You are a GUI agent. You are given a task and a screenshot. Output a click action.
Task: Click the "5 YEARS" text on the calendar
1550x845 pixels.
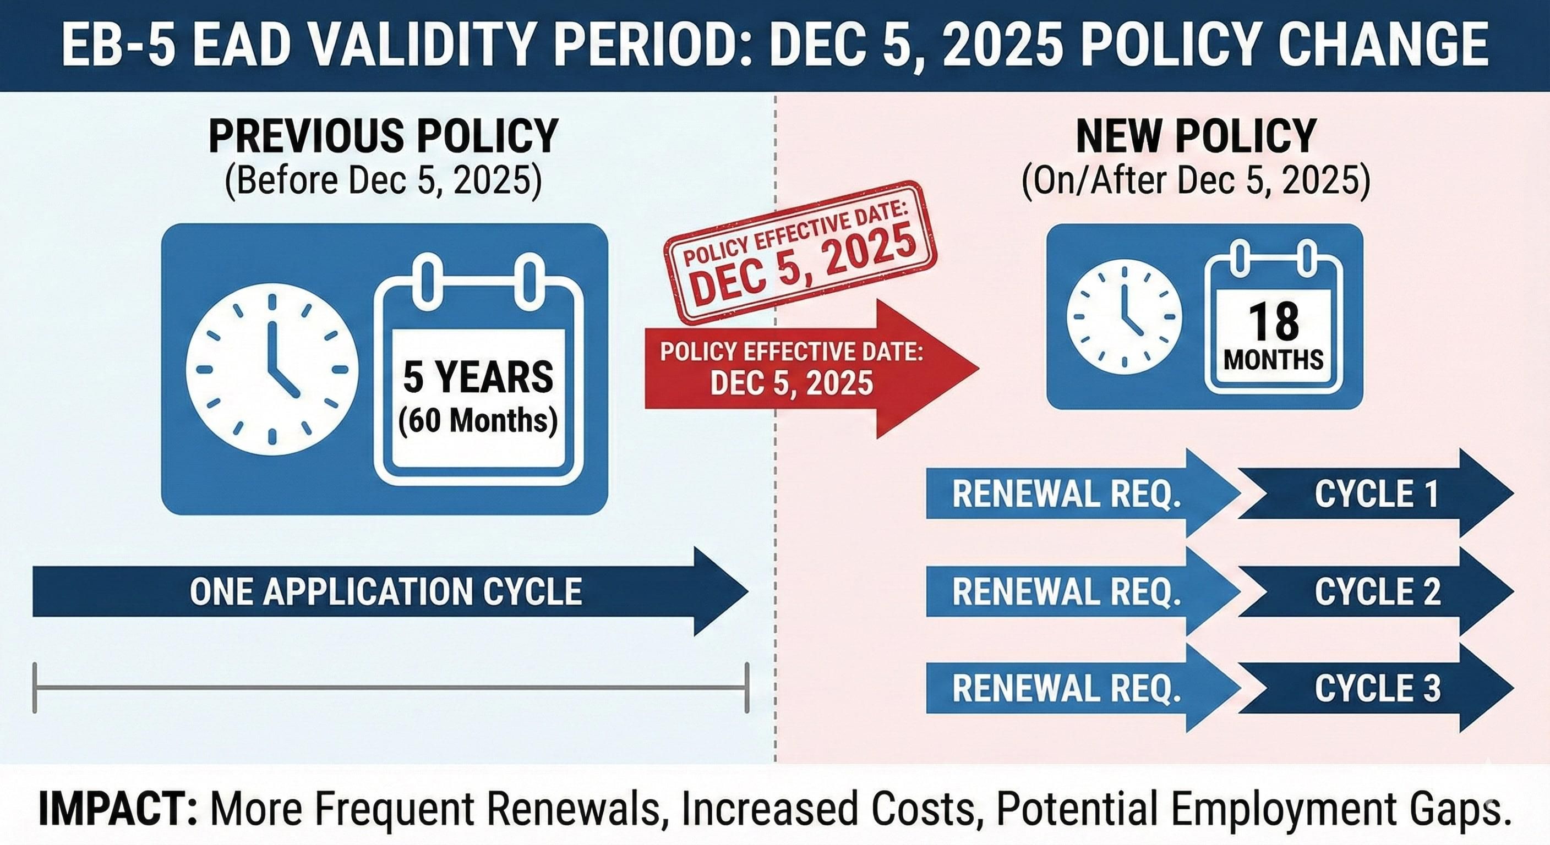(x=478, y=377)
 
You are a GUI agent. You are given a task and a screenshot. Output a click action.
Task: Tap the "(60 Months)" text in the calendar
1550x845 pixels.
(x=478, y=420)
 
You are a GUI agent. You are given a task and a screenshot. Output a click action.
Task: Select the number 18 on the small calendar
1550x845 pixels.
(x=1274, y=322)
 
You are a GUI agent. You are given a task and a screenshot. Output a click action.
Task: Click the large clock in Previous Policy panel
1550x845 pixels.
(x=272, y=369)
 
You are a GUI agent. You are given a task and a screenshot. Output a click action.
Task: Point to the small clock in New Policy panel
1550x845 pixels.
(x=1124, y=316)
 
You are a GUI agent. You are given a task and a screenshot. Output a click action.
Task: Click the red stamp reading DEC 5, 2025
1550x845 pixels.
(x=800, y=253)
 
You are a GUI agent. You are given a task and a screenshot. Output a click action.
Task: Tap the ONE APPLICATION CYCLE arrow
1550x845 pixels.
(x=385, y=591)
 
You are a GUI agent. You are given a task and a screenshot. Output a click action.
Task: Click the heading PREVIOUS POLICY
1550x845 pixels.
(x=383, y=136)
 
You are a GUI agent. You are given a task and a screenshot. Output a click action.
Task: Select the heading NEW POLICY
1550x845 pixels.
(x=1196, y=136)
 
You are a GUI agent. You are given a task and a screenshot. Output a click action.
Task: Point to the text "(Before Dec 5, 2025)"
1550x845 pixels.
(x=383, y=180)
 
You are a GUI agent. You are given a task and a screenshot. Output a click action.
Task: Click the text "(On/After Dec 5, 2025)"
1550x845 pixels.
(x=1196, y=180)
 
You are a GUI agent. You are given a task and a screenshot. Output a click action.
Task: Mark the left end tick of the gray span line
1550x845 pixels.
(x=35, y=688)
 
